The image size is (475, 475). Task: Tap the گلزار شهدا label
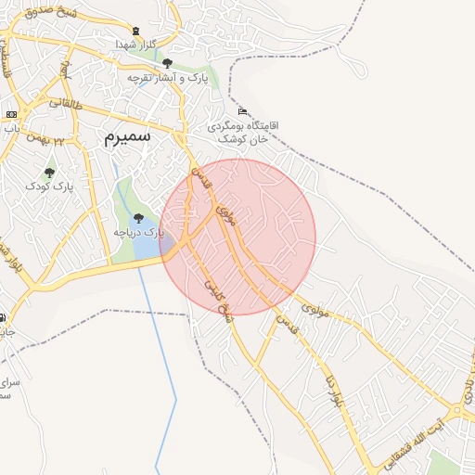(x=140, y=45)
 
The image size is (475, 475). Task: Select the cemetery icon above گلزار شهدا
(x=138, y=31)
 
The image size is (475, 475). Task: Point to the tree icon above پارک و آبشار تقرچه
(x=167, y=64)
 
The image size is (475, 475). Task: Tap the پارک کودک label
(x=49, y=186)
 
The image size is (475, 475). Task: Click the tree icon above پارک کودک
(x=49, y=173)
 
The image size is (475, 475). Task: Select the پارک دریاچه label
(x=138, y=232)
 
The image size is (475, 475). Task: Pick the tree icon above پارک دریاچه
(x=138, y=218)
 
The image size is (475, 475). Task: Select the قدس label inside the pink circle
(x=199, y=176)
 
